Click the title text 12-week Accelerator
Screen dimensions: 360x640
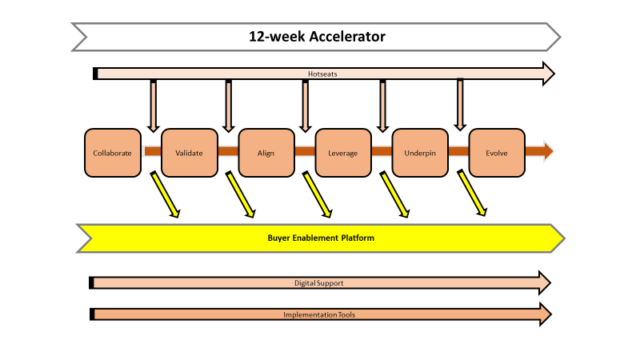point(316,36)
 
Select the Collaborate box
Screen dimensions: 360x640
point(112,152)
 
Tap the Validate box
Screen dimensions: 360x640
point(189,152)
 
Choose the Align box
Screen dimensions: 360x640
point(266,152)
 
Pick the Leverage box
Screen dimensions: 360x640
point(343,152)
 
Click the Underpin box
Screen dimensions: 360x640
point(420,152)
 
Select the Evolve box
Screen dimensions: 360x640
point(497,152)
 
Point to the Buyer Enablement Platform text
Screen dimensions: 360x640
point(320,238)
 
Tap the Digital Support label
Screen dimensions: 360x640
point(319,283)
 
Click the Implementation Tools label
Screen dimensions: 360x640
point(319,314)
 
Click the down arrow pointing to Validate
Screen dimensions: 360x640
point(153,106)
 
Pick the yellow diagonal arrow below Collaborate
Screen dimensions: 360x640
point(164,195)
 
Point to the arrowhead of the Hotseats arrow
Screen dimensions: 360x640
point(548,74)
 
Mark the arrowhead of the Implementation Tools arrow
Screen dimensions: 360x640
point(545,314)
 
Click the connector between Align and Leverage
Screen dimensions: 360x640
point(305,151)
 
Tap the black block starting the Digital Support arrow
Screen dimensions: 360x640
point(92,283)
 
